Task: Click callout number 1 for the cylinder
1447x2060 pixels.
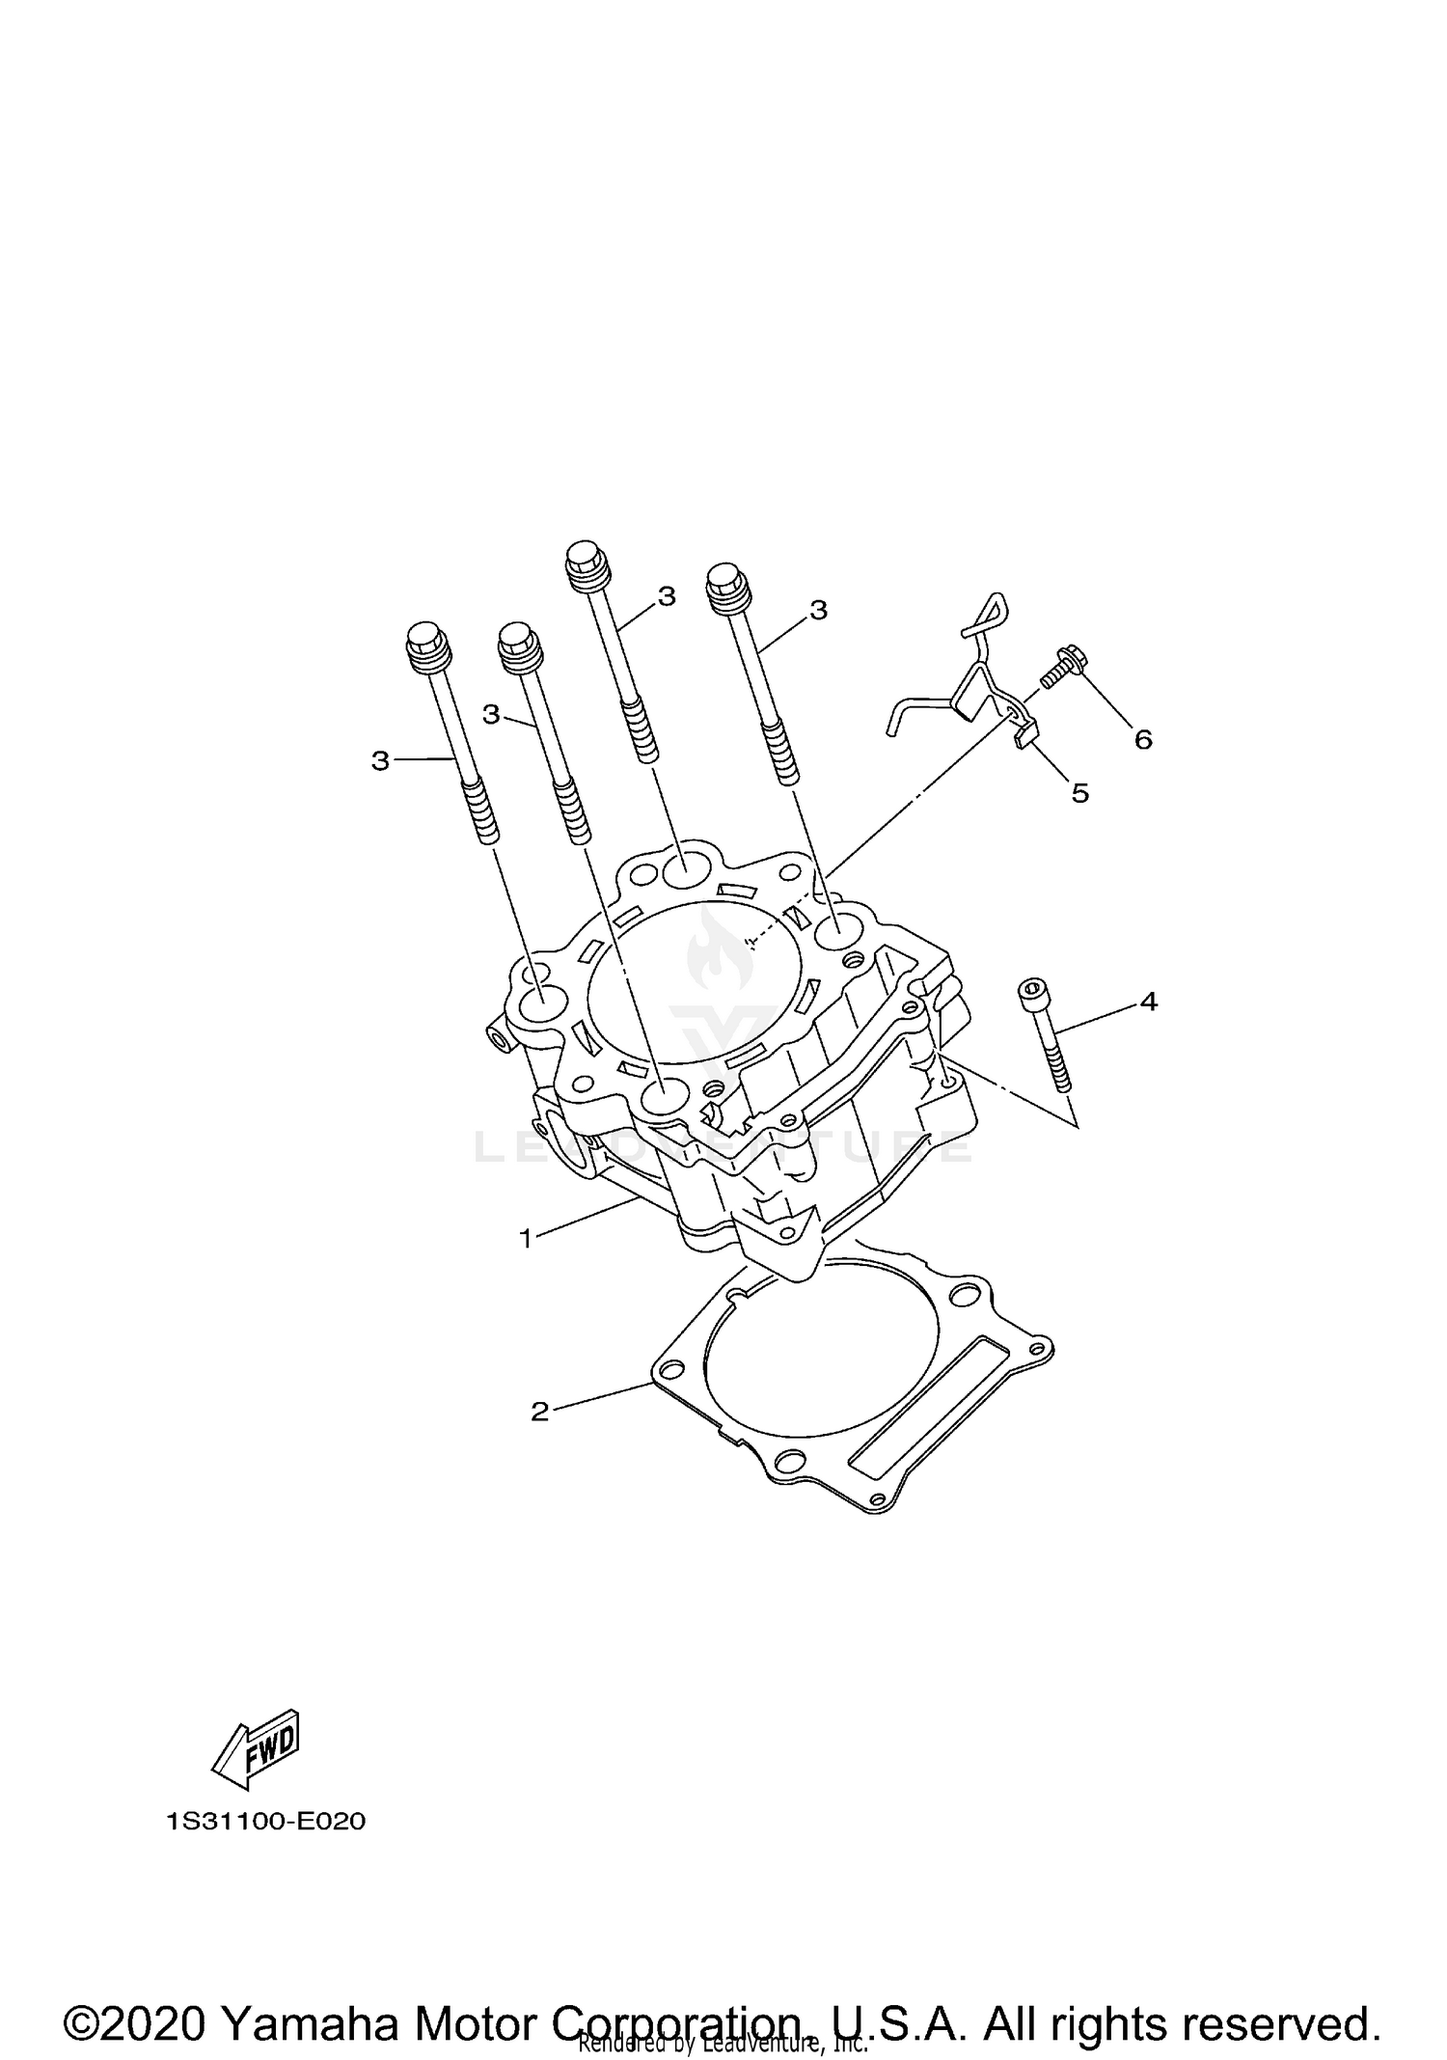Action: [526, 1238]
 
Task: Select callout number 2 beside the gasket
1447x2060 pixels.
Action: [539, 1412]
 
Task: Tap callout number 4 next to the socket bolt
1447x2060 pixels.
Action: [1148, 1002]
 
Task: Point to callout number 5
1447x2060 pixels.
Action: [1080, 793]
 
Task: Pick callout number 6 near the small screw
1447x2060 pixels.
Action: [1143, 740]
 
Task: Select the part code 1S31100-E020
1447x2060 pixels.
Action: [265, 1822]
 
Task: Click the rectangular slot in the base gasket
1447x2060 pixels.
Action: [921, 1399]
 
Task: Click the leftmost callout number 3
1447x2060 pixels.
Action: [379, 761]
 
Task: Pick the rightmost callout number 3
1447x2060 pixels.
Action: [818, 610]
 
